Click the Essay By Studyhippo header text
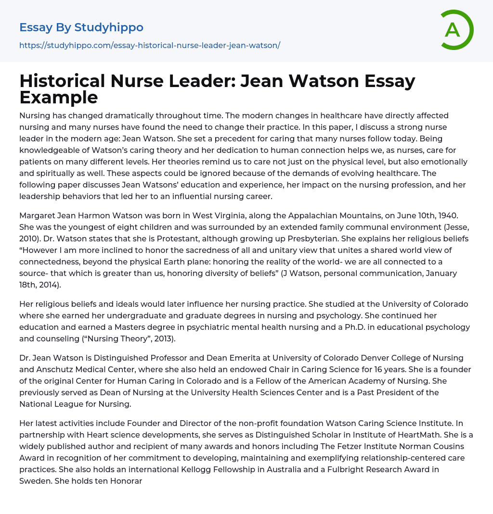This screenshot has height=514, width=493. [x=81, y=27]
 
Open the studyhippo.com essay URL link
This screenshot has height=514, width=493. [x=150, y=45]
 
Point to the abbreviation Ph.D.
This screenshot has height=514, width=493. [x=345, y=327]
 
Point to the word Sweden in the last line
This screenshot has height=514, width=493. [x=35, y=481]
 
